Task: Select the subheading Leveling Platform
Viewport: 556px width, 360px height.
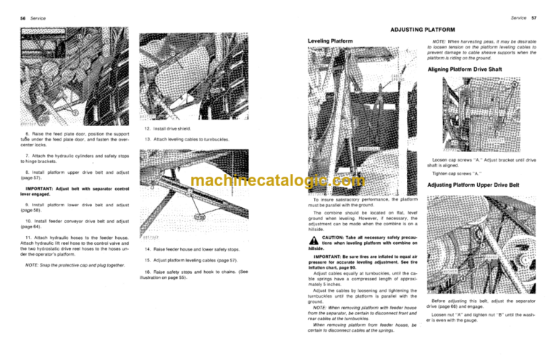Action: (x=331, y=41)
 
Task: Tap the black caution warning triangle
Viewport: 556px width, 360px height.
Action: (x=313, y=244)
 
